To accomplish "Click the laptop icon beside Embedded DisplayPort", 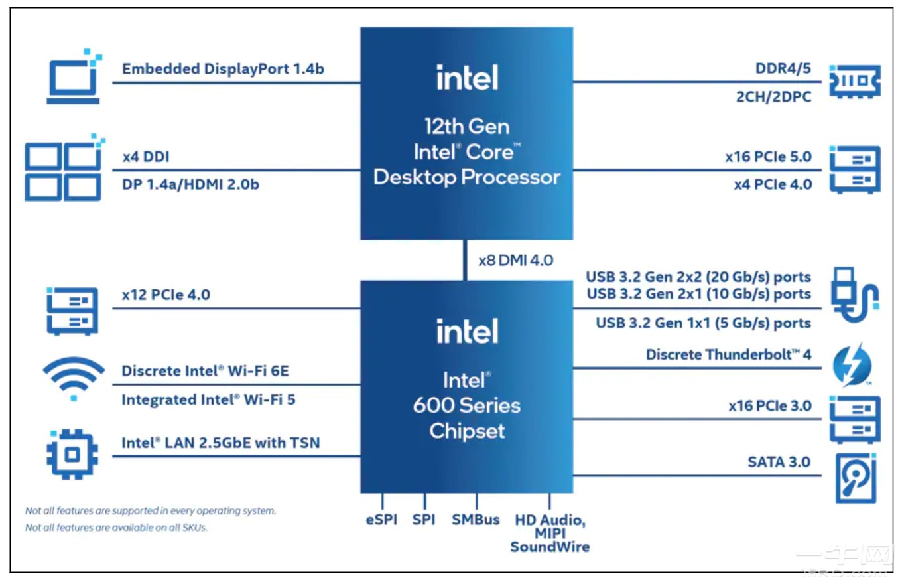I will coord(74,80).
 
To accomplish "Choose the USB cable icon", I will coord(854,296).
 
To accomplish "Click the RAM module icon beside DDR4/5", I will coord(854,82).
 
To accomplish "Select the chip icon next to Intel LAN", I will coord(72,455).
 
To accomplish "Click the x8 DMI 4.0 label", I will coord(515,260).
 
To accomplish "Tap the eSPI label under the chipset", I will coord(381,519).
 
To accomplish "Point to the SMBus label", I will coord(476,519).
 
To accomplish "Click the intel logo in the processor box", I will coord(467,78).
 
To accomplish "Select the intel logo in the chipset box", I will coord(467,330).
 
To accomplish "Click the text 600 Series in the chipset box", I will coord(466,405).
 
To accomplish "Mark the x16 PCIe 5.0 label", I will coord(768,158).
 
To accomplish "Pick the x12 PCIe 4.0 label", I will coord(166,295).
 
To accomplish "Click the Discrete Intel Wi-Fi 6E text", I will coord(205,370).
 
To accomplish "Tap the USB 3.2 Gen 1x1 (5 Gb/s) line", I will coord(703,323).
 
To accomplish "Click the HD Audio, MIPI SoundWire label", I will coord(549,533).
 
